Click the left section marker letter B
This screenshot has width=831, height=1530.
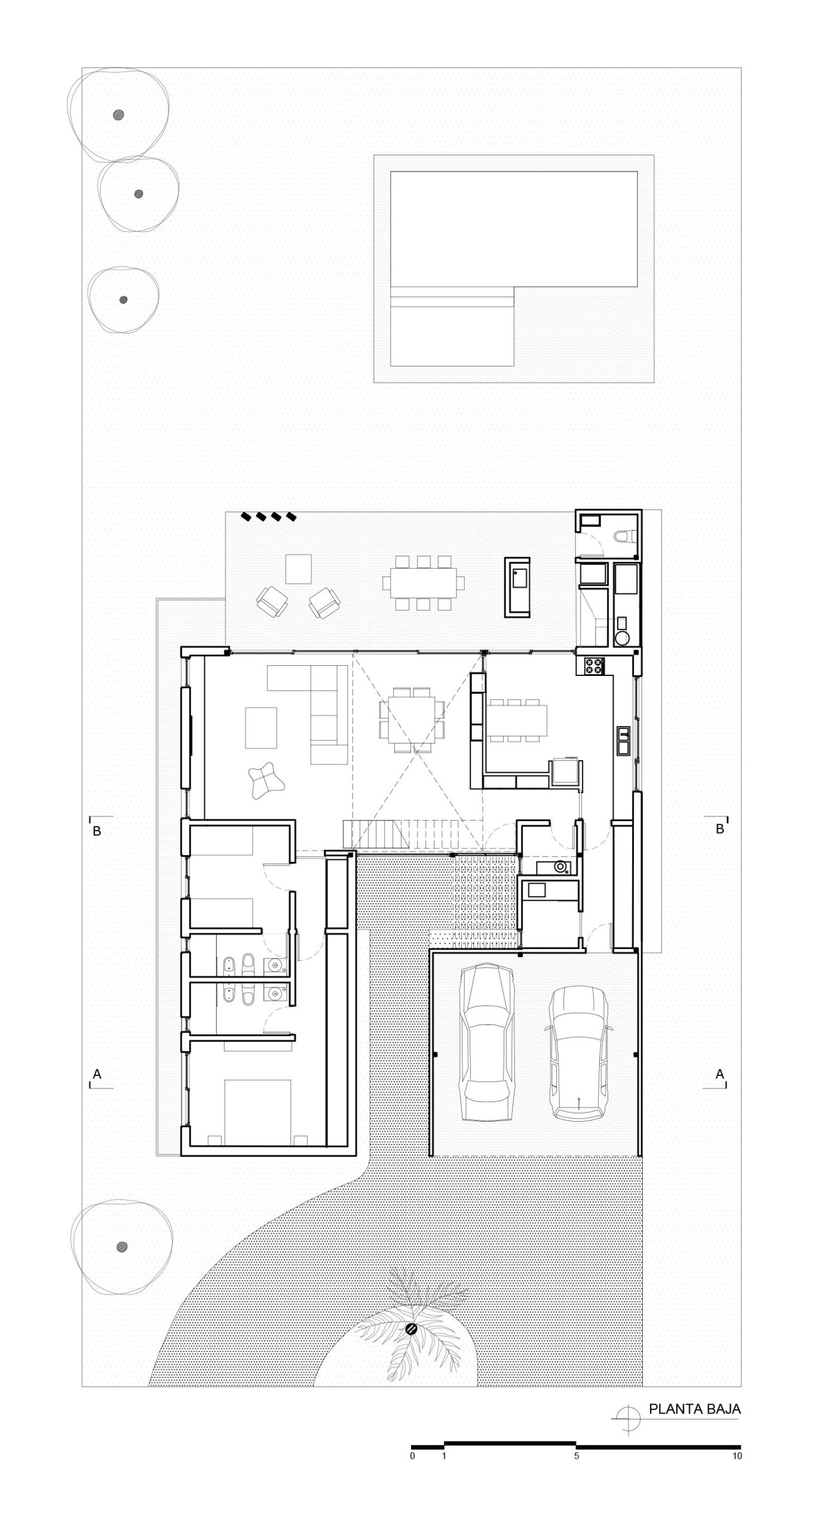coord(97,831)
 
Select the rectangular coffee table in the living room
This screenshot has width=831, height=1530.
coord(261,727)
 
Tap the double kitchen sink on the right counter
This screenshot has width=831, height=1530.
coord(623,740)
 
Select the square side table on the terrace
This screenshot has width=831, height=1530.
coord(299,569)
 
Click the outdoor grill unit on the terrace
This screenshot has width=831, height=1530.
coord(517,587)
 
